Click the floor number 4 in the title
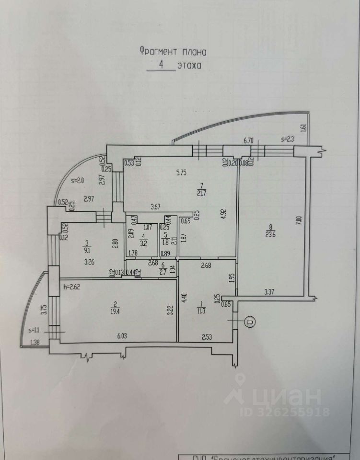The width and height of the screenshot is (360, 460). click(161, 66)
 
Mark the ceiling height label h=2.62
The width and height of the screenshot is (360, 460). click(73, 287)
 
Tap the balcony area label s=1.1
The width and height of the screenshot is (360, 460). click(34, 330)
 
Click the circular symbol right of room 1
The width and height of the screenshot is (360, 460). click(250, 322)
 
